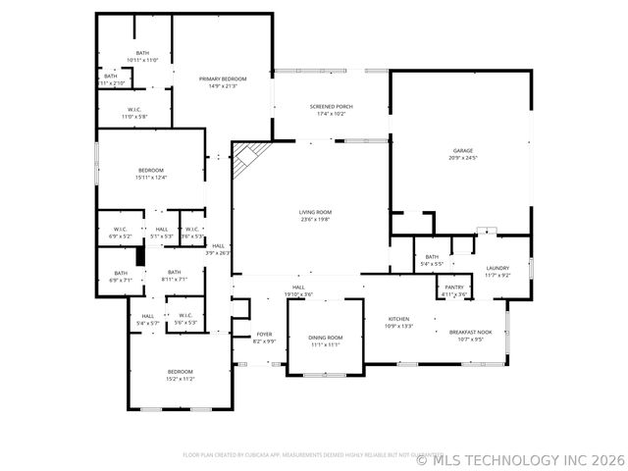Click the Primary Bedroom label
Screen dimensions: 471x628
coord(223,78)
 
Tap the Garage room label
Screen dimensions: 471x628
coord(461,150)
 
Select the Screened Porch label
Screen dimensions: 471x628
coord(331,106)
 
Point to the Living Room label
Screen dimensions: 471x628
coord(315,212)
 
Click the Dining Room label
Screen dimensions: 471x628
coord(326,337)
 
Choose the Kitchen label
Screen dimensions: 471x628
coord(399,319)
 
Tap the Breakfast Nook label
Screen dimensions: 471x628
coord(470,332)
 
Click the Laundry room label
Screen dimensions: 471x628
coord(497,268)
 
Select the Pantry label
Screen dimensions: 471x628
coord(453,287)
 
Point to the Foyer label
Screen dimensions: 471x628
coord(264,334)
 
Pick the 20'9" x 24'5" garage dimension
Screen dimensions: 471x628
coord(461,157)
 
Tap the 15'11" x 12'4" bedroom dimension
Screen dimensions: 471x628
coord(150,178)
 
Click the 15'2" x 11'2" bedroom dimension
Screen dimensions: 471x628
coord(180,378)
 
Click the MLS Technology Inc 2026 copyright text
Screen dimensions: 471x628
coord(520,458)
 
